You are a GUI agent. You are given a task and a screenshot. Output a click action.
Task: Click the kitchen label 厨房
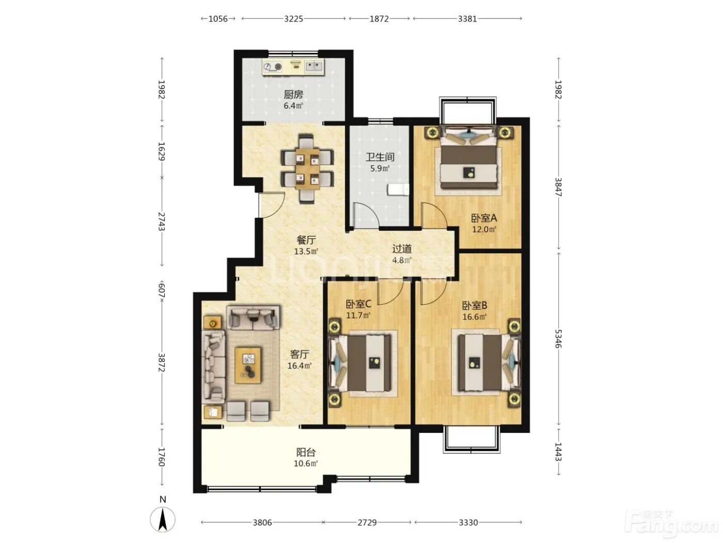(293, 95)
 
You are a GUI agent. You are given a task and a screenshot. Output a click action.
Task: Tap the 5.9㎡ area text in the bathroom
(380, 169)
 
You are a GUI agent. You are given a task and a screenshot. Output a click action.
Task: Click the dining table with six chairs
(307, 169)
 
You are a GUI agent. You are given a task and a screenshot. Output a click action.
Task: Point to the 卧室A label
(483, 218)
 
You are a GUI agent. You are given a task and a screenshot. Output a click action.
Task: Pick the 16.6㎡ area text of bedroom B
(474, 317)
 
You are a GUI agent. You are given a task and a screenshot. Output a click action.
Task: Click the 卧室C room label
(358, 304)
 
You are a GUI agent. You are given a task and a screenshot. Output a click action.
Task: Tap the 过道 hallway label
(401, 249)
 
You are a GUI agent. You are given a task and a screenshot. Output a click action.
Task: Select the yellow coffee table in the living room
(248, 365)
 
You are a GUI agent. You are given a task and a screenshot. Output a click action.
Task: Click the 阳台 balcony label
(306, 452)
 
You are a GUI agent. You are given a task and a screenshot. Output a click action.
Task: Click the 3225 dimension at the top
(293, 19)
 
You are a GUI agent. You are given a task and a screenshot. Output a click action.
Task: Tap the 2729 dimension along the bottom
(367, 522)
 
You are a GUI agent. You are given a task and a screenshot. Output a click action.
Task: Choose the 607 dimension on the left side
(162, 291)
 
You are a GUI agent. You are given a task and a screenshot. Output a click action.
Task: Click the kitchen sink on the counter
(314, 66)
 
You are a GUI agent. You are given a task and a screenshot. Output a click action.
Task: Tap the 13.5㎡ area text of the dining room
(306, 251)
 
